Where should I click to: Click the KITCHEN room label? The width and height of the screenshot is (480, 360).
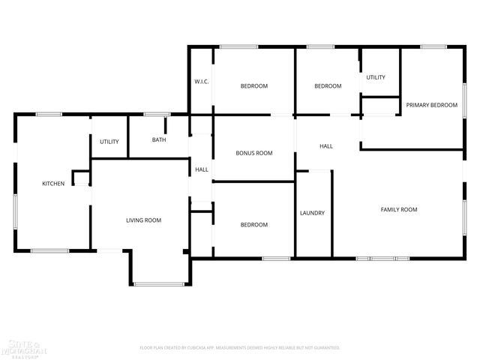coord(53,184)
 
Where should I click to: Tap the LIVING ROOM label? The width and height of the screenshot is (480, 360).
coord(143,220)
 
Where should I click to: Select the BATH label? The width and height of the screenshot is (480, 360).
coord(159,140)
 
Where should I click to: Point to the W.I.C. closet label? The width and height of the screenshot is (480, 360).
coord(201,82)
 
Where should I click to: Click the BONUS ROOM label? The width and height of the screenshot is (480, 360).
coord(254,153)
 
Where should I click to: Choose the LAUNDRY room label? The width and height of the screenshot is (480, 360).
coord(313,213)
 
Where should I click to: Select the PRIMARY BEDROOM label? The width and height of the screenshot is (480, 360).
coord(432,105)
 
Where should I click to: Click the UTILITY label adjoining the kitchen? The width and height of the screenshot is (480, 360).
coord(110,142)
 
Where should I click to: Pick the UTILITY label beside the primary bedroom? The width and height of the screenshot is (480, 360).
coord(376,77)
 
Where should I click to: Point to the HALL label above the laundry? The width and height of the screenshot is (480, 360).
coord(326,146)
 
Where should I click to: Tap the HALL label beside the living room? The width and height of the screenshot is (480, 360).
coord(202,170)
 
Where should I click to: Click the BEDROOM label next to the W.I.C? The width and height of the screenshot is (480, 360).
coord(254,86)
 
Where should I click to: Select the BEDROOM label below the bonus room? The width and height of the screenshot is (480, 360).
coord(254,225)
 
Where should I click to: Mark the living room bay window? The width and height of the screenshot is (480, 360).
coord(159,283)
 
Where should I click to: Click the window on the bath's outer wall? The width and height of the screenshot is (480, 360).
coord(157,114)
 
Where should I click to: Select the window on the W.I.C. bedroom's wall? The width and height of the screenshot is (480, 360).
coord(233,47)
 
